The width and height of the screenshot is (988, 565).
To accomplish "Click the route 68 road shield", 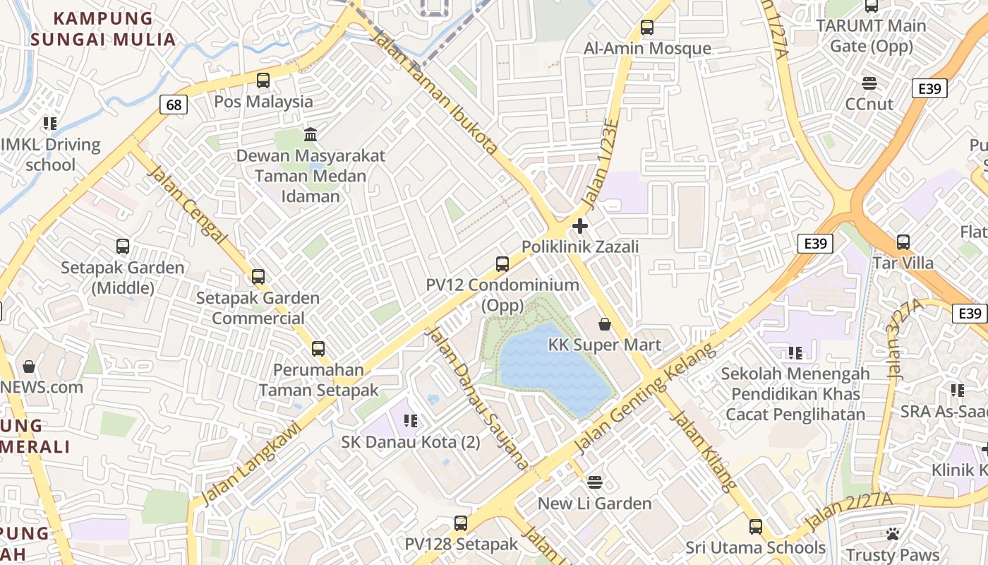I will pos(174,105).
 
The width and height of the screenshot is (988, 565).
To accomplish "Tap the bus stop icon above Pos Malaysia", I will pos(263,81).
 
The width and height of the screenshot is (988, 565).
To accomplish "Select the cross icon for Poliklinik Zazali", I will pos(580,226).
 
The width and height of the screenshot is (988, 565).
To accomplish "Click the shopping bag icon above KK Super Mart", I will pos(605,324).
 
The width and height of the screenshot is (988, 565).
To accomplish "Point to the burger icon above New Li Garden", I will pos(595,482).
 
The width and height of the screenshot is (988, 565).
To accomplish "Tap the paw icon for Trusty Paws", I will pos(893,534).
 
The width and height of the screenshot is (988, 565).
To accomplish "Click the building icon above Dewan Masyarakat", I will pos(311,134).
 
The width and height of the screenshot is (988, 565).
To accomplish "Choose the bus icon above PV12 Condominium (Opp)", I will pos(502,264).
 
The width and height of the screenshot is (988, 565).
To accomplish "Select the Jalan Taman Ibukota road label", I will pos(435,93).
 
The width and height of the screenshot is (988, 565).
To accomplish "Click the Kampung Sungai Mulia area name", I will pos(103,29).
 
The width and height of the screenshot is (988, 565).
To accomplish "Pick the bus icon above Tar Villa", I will pos(903,242).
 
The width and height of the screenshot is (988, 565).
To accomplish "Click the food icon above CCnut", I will pos(869,83).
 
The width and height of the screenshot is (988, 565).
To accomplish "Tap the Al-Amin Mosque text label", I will pos(647,49).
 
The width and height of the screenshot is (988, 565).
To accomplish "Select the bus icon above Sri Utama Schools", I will pos(756,527).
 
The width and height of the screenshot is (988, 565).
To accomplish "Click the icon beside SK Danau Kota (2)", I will pos(411,421).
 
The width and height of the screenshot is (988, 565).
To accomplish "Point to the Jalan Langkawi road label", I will pos(252,463).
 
